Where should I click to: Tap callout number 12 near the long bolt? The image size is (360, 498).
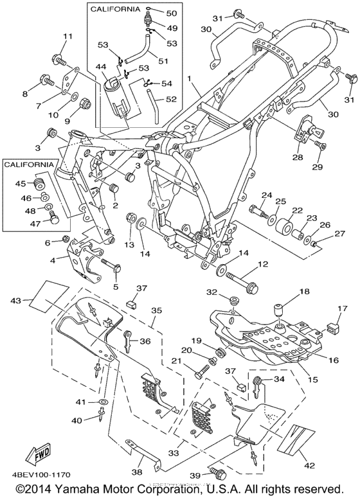pos(264,264)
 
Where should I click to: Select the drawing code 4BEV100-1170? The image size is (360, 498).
pos(37,475)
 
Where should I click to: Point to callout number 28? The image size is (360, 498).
pos(298,157)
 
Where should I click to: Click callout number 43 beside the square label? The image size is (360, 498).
pos(19,301)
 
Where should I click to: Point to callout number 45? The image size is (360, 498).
pos(21,184)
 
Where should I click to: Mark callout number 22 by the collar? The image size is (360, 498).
pos(288,210)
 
